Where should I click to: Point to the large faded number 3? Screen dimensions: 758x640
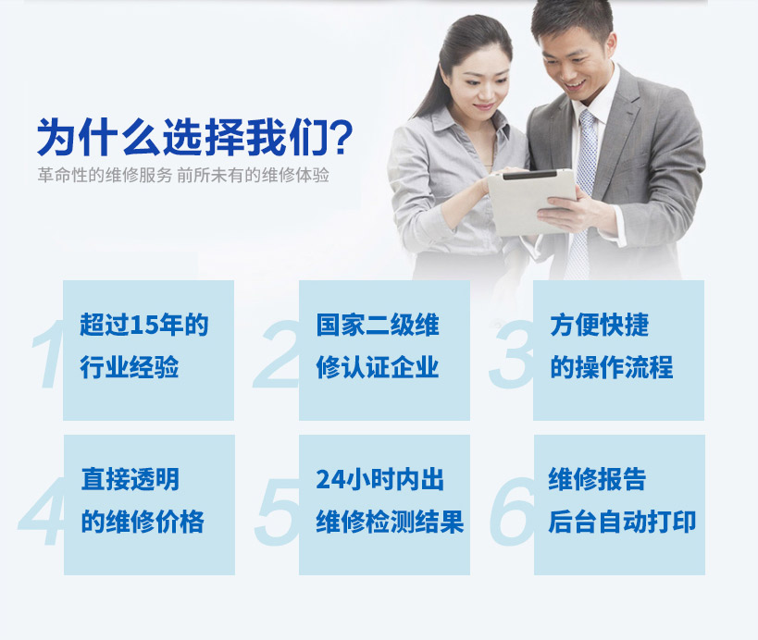(x=511, y=354)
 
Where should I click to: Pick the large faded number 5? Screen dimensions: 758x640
(x=277, y=511)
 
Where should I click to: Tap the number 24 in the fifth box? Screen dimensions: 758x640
(x=330, y=480)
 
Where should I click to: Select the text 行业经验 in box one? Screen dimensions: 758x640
(x=130, y=367)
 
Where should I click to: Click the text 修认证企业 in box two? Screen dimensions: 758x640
(x=378, y=367)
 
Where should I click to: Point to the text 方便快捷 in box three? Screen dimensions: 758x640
(x=600, y=325)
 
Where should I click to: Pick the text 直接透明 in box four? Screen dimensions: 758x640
(x=130, y=479)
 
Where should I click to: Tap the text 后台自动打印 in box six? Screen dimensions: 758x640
(x=622, y=522)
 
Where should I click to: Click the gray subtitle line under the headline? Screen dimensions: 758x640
(x=183, y=175)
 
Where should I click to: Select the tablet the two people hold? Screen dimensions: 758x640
(x=532, y=201)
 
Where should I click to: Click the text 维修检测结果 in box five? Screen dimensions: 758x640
(x=391, y=522)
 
